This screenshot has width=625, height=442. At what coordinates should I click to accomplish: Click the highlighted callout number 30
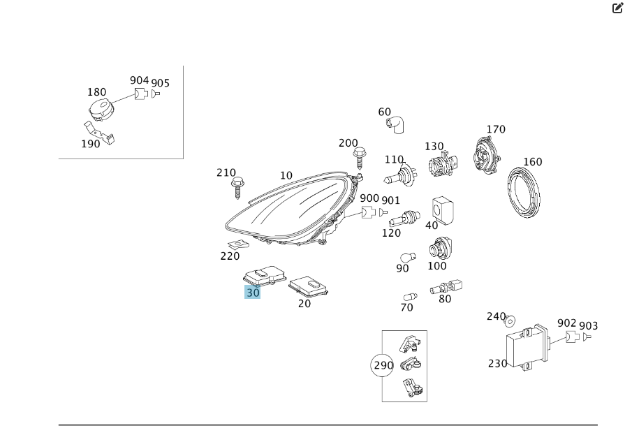pyautogui.click(x=252, y=293)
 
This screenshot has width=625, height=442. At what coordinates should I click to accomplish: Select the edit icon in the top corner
pyautogui.click(x=617, y=8)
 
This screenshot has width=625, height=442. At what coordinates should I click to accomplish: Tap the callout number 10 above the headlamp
pyautogui.click(x=286, y=175)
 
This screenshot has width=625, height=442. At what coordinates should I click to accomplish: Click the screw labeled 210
pyautogui.click(x=237, y=188)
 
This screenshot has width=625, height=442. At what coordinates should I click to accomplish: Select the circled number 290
pyautogui.click(x=383, y=364)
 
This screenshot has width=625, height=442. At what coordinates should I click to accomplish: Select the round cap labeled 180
pyautogui.click(x=99, y=110)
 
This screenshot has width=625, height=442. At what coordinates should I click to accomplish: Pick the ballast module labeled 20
pyautogui.click(x=309, y=285)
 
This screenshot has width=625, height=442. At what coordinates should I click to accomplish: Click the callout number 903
pyautogui.click(x=589, y=326)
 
